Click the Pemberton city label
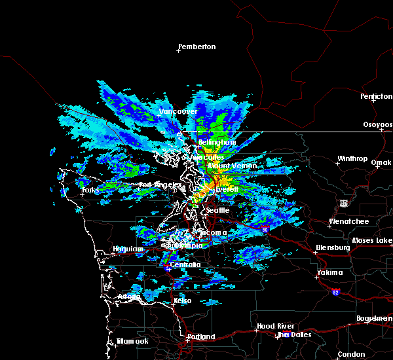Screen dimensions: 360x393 [x=197, y=46]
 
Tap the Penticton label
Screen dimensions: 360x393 [x=376, y=96]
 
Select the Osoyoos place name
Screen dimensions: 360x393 [x=378, y=124]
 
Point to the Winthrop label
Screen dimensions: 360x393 [x=352, y=158]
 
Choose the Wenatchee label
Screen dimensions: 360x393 [x=348, y=221]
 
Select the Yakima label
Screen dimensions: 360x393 [x=329, y=272]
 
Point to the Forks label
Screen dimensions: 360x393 [x=90, y=190]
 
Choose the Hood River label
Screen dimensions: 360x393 [x=274, y=326]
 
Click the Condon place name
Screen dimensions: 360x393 [x=351, y=354]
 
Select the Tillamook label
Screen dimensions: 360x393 [x=133, y=341]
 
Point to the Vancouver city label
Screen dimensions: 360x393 [x=178, y=111]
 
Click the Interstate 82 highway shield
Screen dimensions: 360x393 [x=335, y=292]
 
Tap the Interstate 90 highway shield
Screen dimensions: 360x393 [x=265, y=229]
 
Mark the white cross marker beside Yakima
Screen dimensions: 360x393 [x=318, y=276]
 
